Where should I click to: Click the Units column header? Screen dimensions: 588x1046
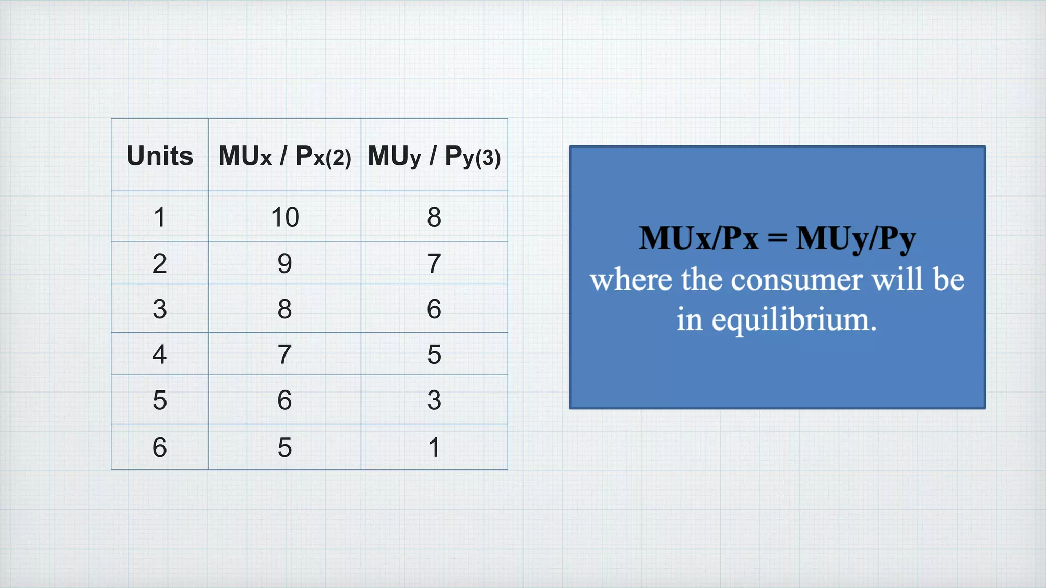(x=160, y=156)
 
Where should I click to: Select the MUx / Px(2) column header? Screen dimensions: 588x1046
(x=284, y=156)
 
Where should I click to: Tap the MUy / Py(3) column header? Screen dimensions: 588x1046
(x=434, y=156)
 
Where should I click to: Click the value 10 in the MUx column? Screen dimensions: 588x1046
(x=285, y=217)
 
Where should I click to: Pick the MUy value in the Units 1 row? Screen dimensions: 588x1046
(x=434, y=217)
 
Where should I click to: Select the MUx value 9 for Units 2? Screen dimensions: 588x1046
(x=284, y=263)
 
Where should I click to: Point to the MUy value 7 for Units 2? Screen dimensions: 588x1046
(x=434, y=263)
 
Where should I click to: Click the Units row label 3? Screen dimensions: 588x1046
(x=160, y=309)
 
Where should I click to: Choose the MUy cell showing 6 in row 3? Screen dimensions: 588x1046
(x=434, y=309)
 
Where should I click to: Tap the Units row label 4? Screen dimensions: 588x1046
(x=160, y=354)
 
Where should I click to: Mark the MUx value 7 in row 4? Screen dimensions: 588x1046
(x=284, y=354)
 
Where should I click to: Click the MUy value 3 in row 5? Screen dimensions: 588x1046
(x=434, y=400)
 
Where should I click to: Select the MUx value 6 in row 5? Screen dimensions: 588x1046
(x=284, y=400)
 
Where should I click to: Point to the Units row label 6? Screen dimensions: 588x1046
(x=160, y=447)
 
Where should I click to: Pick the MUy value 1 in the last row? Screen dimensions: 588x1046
(x=434, y=447)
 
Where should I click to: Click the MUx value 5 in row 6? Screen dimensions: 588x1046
(x=284, y=447)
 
